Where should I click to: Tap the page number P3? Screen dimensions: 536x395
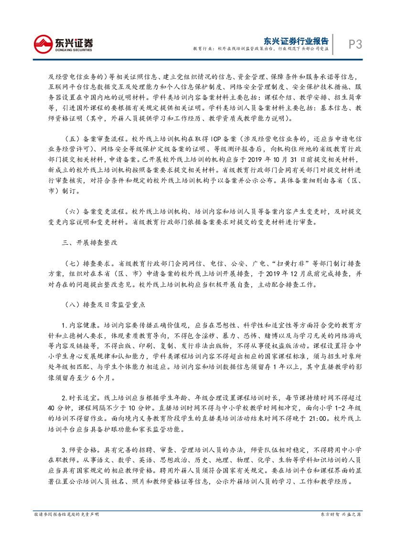coord(354,44)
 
